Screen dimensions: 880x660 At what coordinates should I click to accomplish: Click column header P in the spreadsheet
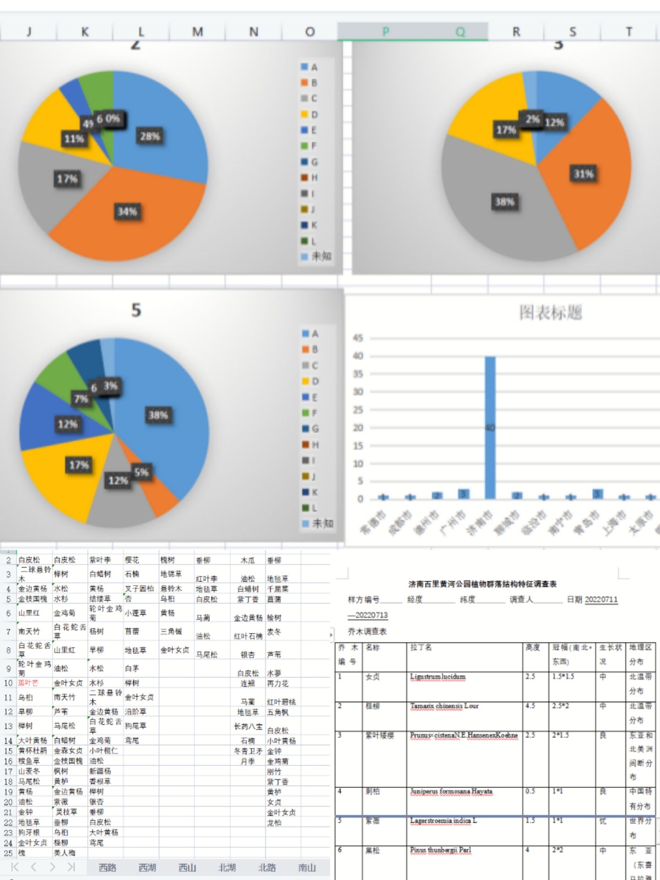385,32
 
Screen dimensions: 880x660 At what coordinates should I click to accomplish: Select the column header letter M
198,32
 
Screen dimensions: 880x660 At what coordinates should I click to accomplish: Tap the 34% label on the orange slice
127,212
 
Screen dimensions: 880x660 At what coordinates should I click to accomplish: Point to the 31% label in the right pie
583,174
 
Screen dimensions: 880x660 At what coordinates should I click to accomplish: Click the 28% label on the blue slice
150,137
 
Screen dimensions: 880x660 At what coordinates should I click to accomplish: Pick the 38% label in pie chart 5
158,416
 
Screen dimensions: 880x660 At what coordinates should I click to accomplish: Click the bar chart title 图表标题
550,313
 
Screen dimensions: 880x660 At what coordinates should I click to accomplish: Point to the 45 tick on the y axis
357,338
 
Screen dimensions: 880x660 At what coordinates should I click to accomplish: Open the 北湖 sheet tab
227,868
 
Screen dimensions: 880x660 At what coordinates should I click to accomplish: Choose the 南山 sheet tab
307,868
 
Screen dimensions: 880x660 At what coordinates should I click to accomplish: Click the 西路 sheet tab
108,868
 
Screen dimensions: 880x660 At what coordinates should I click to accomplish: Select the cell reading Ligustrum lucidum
437,677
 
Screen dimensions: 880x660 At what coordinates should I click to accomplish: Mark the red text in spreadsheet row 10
28,683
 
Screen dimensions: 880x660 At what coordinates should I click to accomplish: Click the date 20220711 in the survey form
601,599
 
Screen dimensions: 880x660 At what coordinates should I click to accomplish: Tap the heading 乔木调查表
367,632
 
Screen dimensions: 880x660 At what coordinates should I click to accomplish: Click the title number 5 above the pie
136,310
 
